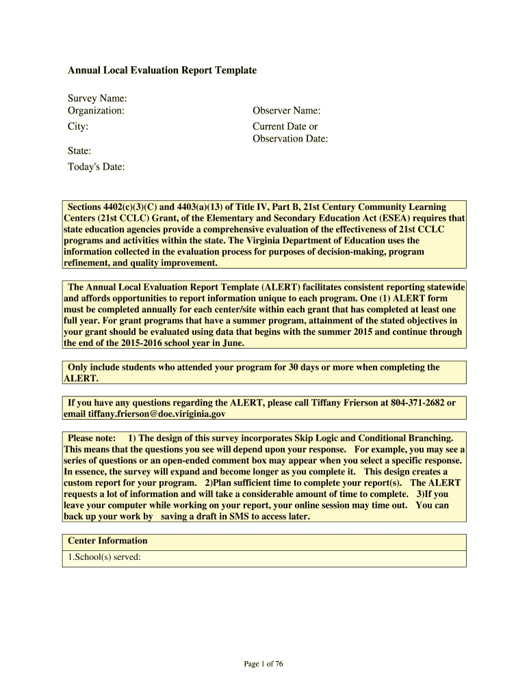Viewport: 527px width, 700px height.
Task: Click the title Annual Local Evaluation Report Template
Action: click(x=162, y=70)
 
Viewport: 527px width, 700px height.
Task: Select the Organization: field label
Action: click(x=96, y=111)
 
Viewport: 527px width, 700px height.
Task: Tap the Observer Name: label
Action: click(x=286, y=111)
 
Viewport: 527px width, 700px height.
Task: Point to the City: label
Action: click(x=77, y=126)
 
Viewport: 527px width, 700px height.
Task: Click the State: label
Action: click(x=79, y=151)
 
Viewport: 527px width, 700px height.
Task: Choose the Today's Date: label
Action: click(x=96, y=167)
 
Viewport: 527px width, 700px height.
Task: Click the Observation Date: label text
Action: click(x=290, y=139)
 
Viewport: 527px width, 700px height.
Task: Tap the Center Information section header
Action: click(x=107, y=541)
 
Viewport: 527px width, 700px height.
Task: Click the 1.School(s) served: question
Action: click(x=104, y=557)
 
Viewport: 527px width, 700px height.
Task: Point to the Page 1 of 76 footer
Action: click(x=263, y=664)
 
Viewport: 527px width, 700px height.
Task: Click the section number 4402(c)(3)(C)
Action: click(x=130, y=207)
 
